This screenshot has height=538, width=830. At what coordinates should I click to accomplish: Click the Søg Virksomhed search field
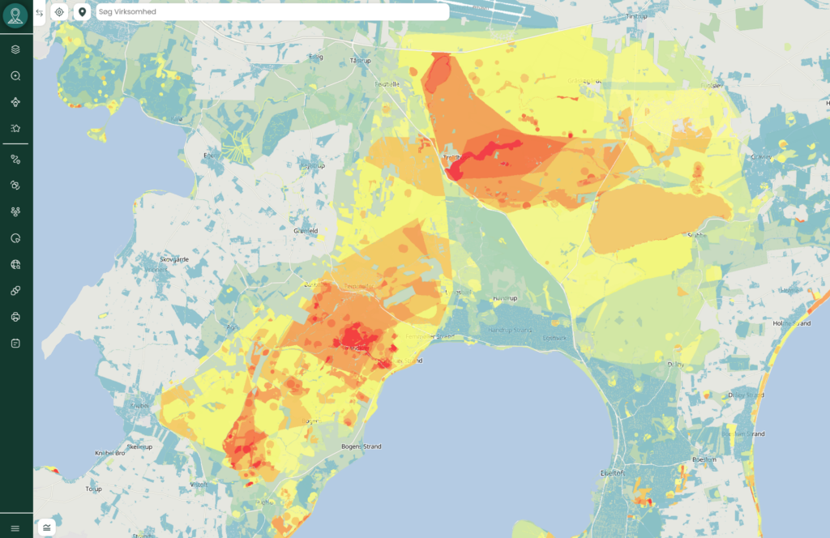click(272, 12)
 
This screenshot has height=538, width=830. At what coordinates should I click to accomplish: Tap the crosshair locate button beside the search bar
click(59, 12)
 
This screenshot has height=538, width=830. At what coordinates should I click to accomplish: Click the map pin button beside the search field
click(82, 12)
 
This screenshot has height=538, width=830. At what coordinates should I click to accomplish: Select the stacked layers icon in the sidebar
click(15, 49)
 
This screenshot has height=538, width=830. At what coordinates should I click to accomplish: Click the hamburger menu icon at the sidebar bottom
click(15, 528)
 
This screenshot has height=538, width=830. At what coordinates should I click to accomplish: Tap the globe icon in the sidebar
click(15, 264)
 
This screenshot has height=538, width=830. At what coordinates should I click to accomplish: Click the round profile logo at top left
click(15, 15)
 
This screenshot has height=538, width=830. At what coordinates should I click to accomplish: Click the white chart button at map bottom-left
click(47, 527)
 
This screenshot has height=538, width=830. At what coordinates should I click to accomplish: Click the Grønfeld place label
click(305, 230)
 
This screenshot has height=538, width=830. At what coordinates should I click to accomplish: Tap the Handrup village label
click(504, 298)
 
